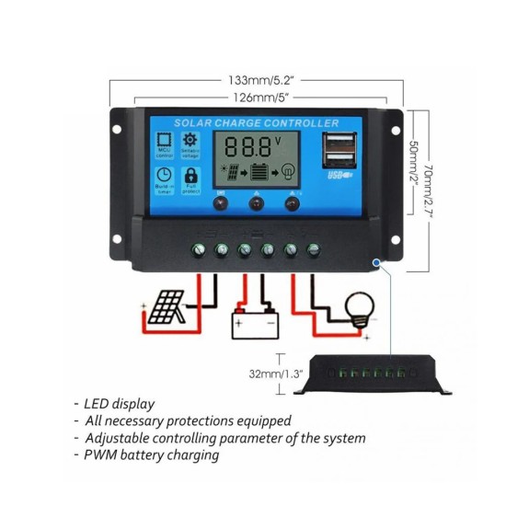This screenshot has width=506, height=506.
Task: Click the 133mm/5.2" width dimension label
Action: [257, 79]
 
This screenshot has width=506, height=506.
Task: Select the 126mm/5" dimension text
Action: [257, 97]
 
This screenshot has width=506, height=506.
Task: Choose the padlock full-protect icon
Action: [191, 176]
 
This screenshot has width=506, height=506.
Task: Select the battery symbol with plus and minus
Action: [254, 325]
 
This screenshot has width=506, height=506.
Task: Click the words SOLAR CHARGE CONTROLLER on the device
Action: [257, 123]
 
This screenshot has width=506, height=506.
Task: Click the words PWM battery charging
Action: [152, 455]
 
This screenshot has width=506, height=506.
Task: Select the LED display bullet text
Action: [120, 404]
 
